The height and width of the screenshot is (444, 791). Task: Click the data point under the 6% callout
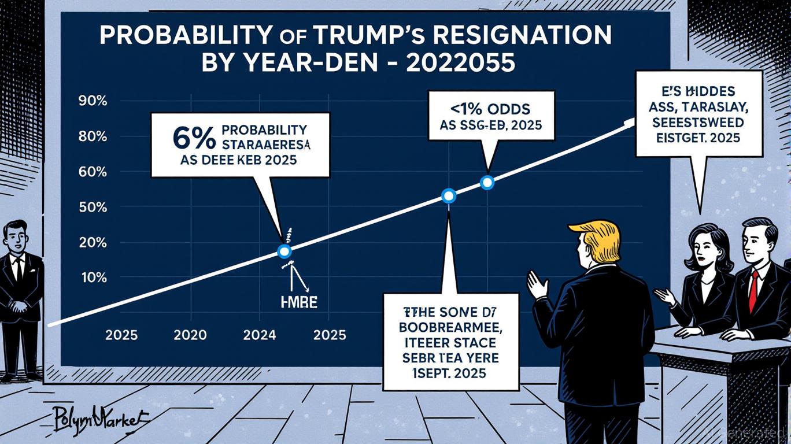click(x=284, y=251)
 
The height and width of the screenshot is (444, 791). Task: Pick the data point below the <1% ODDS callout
click(x=487, y=183)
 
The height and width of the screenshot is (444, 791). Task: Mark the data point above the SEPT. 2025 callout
click(x=449, y=196)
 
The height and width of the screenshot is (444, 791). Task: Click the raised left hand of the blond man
click(x=538, y=285)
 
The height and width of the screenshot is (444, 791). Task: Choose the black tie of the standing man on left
click(x=18, y=269)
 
